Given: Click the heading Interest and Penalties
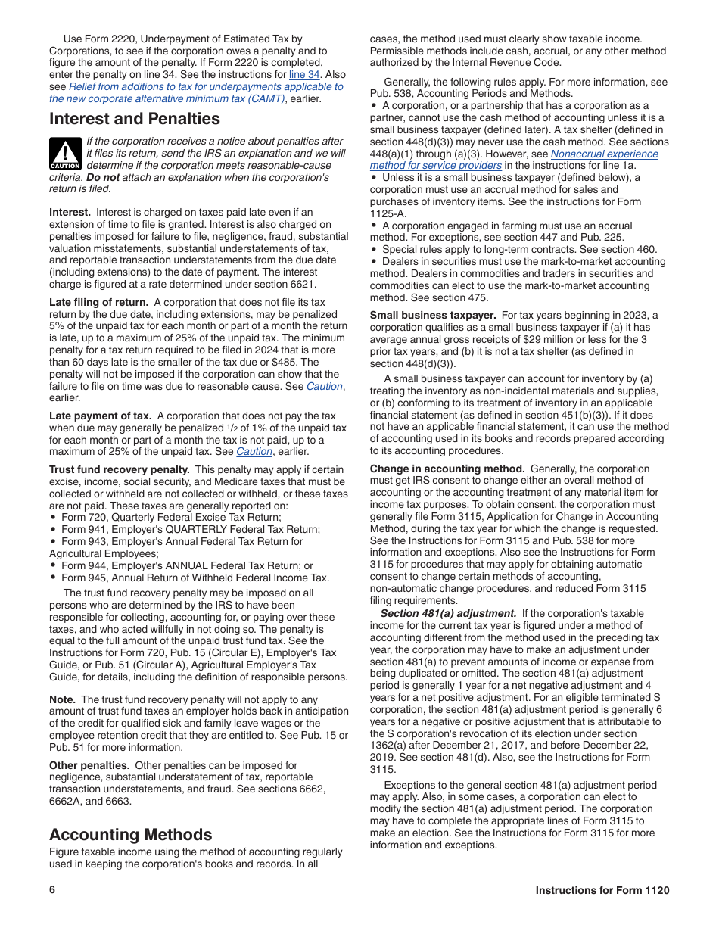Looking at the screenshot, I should click(134, 119).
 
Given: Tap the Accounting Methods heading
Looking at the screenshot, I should click(130, 834).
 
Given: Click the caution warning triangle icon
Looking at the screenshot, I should click(65, 154).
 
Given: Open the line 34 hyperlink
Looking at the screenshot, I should click(304, 75).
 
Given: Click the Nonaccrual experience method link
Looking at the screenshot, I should click(513, 159).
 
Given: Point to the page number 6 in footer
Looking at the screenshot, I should click(52, 890).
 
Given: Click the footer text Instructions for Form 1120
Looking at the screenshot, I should click(602, 890).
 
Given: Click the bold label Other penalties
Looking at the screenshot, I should click(90, 765).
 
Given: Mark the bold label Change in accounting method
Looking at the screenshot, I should click(447, 469).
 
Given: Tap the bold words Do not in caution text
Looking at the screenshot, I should click(102, 177).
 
